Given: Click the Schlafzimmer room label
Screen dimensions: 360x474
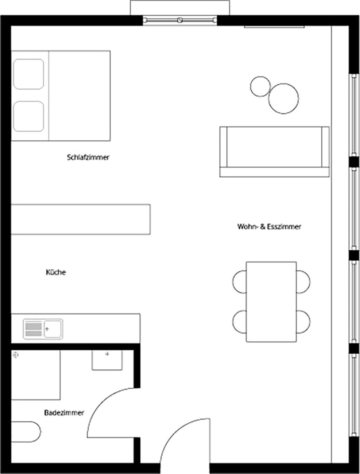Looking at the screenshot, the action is click(88, 157).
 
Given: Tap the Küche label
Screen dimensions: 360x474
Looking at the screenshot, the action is click(56, 272).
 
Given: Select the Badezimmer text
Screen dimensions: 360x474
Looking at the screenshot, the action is click(64, 413).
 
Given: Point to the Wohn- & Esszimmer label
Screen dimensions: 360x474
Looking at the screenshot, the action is click(269, 226).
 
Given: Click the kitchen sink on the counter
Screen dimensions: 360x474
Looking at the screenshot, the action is click(43, 329).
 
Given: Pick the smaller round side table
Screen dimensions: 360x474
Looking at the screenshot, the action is click(260, 86).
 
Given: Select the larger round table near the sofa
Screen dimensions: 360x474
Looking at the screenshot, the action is click(283, 98).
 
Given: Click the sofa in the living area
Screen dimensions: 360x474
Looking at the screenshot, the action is click(275, 152).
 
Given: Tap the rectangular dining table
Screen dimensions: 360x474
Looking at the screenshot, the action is click(271, 302).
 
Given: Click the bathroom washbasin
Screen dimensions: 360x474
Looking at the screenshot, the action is click(107, 360).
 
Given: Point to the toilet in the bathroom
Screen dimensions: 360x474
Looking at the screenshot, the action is click(26, 432).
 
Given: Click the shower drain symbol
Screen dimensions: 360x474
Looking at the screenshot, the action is click(16, 355).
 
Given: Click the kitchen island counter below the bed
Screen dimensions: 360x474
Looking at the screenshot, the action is click(81, 219).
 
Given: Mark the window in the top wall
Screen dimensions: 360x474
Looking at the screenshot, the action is click(180, 20).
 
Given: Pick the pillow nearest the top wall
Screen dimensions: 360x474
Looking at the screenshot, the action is click(28, 74).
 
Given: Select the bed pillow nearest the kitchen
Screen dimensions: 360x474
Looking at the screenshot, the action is click(28, 116).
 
